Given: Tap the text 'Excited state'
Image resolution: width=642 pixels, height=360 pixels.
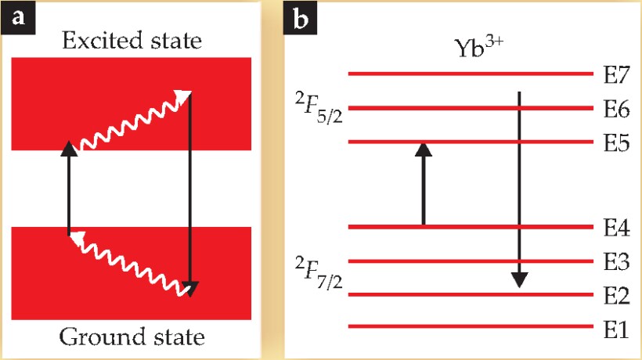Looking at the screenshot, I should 131,39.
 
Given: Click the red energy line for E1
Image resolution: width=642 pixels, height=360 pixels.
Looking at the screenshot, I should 471,326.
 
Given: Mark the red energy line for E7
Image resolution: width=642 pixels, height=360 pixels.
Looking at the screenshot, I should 471,74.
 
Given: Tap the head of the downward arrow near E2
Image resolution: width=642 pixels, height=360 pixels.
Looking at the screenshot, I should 518,279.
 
